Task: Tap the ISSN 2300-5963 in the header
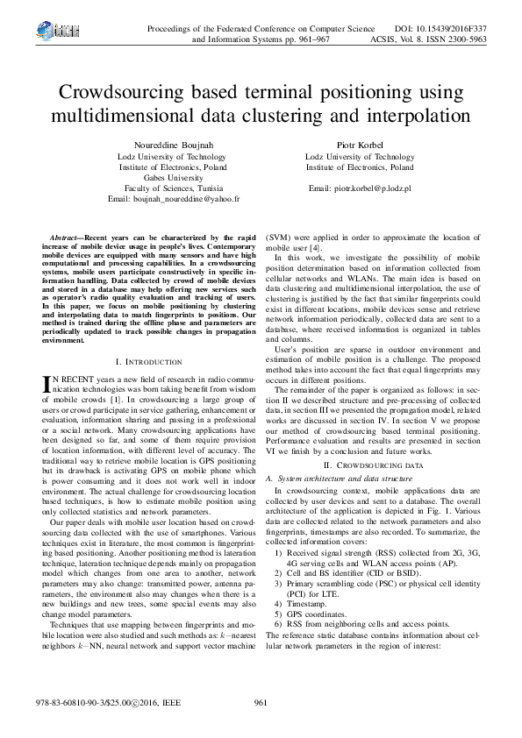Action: (x=474, y=39)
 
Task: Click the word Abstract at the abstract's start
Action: (x=65, y=238)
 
